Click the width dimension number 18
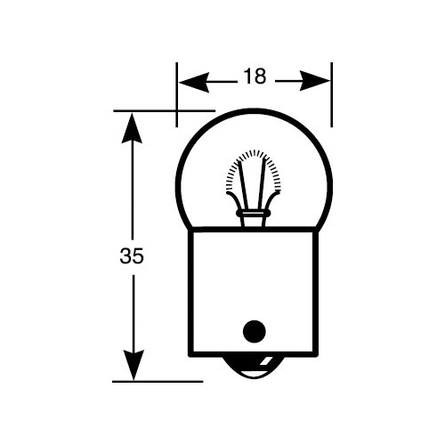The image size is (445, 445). point(255,77)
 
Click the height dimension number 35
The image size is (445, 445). point(132,255)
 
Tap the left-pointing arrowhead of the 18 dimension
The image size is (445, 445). point(194,81)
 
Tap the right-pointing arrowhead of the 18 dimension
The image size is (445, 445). point(315,81)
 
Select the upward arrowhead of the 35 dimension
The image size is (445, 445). point(132,128)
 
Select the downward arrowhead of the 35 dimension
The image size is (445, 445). point(133,365)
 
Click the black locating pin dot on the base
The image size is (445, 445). point(255,331)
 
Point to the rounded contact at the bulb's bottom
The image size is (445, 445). point(253,368)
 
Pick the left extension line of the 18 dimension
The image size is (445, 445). point(177,94)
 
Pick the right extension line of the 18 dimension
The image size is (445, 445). point(331,94)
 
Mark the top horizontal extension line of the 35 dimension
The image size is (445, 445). point(165,111)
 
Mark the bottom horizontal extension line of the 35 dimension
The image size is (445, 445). point(158,382)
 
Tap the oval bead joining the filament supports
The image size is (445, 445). point(253,214)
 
